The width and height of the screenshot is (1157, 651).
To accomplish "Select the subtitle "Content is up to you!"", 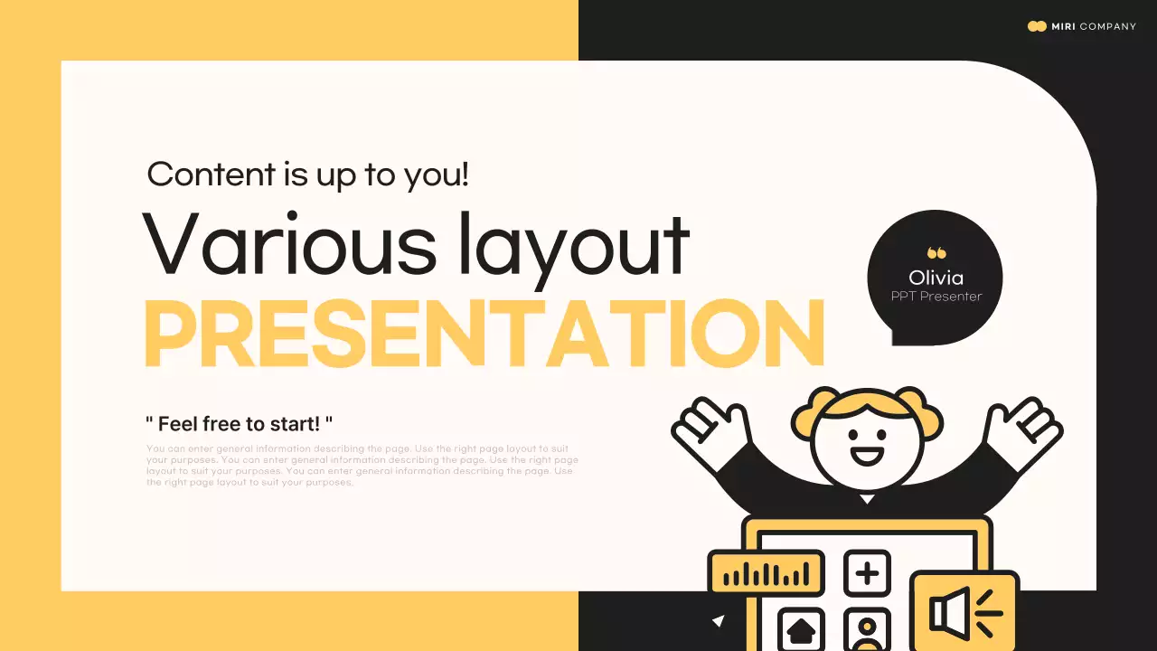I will (307, 174).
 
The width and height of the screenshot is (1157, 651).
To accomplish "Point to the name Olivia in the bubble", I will (936, 278).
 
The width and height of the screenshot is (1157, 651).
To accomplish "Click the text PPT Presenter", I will (936, 297).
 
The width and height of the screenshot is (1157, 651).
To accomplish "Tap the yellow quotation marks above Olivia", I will (936, 254).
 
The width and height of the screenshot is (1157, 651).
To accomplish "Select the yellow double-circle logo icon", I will (1037, 26).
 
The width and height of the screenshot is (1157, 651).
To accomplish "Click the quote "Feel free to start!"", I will (240, 423).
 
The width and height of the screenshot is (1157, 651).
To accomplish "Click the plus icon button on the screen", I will (867, 573).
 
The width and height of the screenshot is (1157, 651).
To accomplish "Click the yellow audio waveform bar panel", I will (767, 573).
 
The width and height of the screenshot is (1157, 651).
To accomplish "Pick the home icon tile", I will (801, 629).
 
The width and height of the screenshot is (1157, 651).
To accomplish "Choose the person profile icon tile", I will (867, 631).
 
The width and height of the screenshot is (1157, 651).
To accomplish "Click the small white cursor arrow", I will (719, 620).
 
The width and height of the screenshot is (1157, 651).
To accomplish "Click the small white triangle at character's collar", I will (867, 498).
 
